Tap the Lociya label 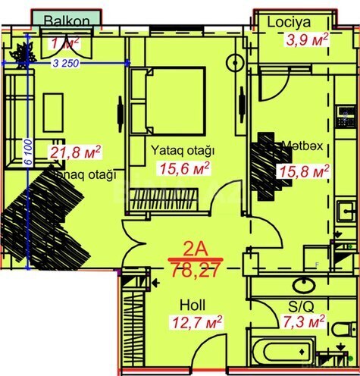(x=285, y=23)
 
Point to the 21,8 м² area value (x=75, y=152)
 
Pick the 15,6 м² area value (x=183, y=168)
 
